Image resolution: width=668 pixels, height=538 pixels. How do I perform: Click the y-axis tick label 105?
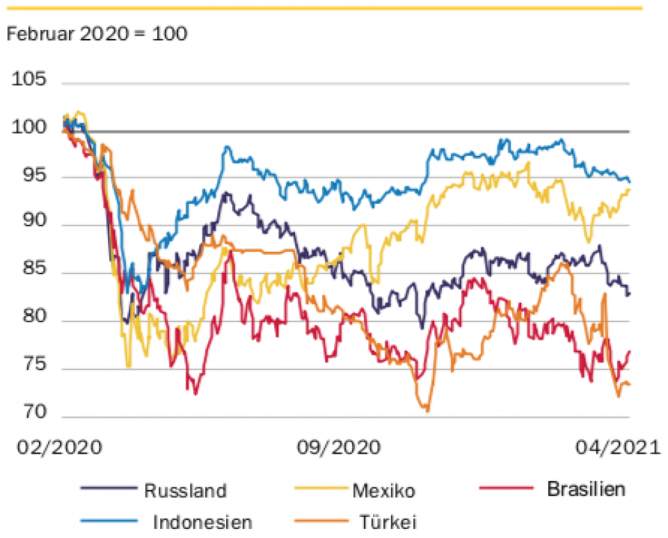coord(29,80)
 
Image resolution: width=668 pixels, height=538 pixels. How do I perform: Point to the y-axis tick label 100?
coord(29,129)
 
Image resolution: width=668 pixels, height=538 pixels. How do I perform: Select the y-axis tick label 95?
coord(33,177)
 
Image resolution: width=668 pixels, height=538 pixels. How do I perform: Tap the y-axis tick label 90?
coord(33,225)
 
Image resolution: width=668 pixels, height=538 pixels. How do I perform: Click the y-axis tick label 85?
coord(33,273)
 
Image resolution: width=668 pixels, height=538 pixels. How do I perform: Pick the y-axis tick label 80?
coord(33,321)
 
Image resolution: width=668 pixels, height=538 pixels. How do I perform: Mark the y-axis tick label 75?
coord(33,369)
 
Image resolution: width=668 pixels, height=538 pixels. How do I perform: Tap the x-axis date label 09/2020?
coord(339,447)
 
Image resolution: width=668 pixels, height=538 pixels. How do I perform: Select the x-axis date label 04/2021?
coord(615,447)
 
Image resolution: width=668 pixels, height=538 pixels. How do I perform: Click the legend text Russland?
coord(185,491)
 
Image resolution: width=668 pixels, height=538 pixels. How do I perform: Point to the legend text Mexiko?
coord(383,491)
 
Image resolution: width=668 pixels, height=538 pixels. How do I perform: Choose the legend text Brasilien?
coord(586,489)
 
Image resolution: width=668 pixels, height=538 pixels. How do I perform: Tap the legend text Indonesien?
coord(202,521)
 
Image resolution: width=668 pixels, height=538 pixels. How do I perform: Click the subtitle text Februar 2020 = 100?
coord(97,33)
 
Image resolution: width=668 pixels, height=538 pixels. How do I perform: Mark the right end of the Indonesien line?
coord(629,182)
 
